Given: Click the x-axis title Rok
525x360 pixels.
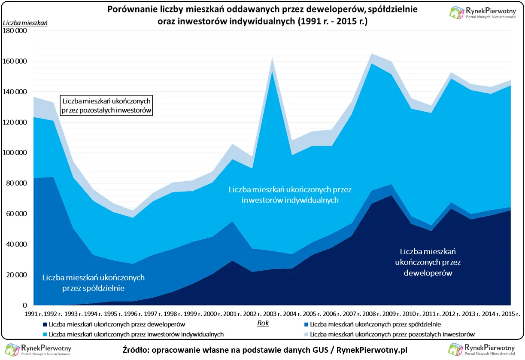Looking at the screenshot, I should (x=263, y=323).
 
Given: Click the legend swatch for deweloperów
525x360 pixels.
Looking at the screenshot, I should (x=45, y=325).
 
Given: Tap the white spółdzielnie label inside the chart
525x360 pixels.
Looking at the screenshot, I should (x=93, y=283).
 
